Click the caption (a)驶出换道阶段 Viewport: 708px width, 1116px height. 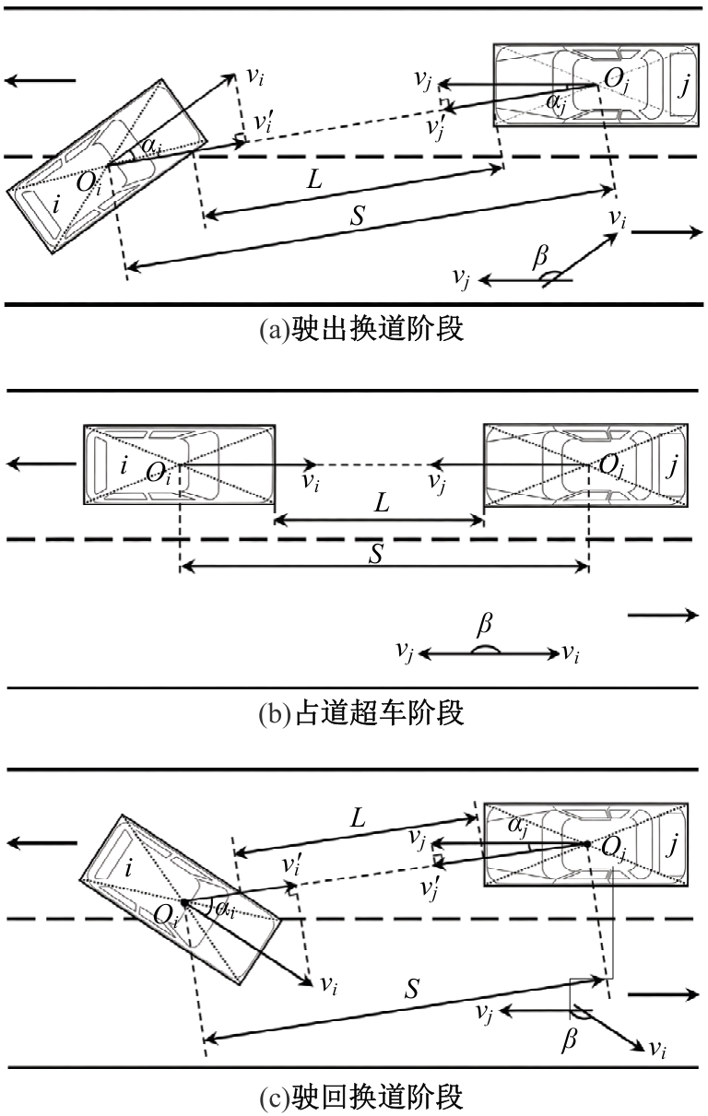pyautogui.click(x=361, y=329)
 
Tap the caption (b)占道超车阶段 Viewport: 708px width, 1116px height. pyautogui.click(x=361, y=713)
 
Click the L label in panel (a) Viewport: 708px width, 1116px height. pyautogui.click(x=315, y=179)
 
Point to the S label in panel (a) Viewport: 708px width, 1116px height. pyautogui.click(x=358, y=216)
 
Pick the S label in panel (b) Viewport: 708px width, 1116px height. pyautogui.click(x=376, y=553)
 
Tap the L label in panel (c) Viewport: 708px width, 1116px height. pyautogui.click(x=358, y=817)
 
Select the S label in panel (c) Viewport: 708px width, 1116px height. pyautogui.click(x=411, y=989)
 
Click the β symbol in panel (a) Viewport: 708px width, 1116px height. pyautogui.click(x=540, y=258)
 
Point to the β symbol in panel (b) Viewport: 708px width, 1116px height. pyautogui.click(x=484, y=625)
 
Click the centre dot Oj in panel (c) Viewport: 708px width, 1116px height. pyautogui.click(x=587, y=844)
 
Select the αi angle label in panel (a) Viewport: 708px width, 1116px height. pyautogui.click(x=151, y=147)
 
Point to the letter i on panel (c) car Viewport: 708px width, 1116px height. pyautogui.click(x=128, y=868)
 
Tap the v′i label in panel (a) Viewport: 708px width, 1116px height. pyautogui.click(x=263, y=122)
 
